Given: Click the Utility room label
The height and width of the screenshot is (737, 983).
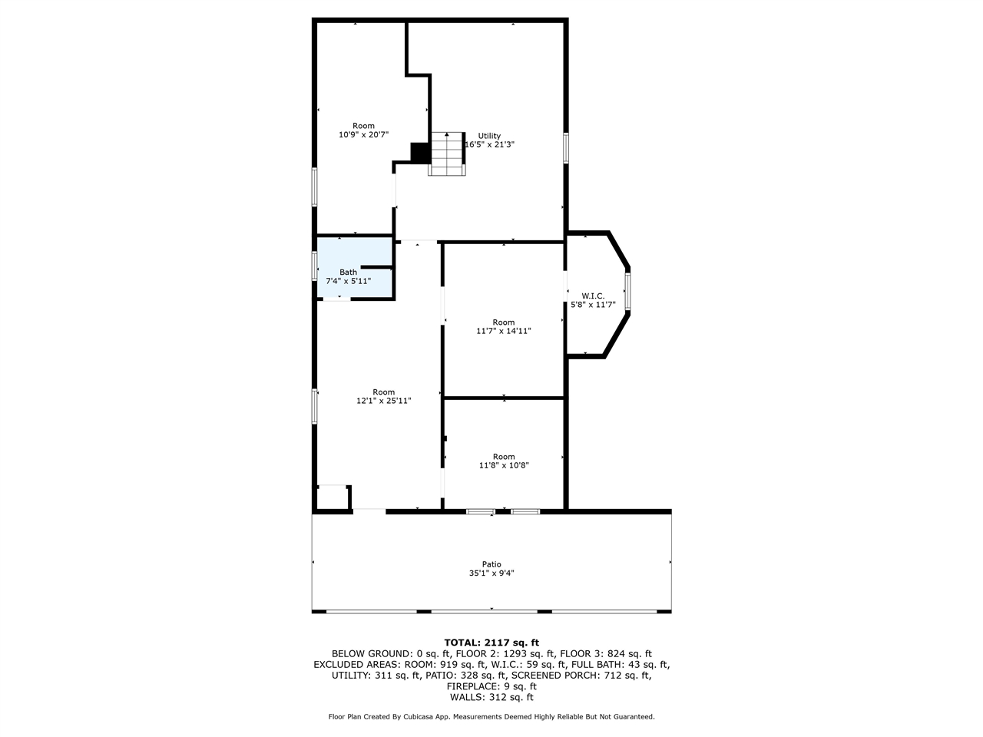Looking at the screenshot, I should click(x=489, y=136).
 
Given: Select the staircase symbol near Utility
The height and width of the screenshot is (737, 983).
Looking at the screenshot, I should click(x=447, y=154).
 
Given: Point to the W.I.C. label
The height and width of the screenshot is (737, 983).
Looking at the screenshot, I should click(x=592, y=296).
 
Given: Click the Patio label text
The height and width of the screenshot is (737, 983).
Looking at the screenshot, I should click(x=491, y=564).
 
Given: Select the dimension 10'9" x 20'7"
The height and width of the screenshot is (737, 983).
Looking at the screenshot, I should click(x=363, y=134).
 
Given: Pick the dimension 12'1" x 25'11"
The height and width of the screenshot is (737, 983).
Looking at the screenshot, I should click(x=383, y=400).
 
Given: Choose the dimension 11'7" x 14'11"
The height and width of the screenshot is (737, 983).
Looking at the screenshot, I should click(x=503, y=331).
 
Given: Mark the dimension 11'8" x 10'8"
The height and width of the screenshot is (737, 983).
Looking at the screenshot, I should click(x=503, y=465).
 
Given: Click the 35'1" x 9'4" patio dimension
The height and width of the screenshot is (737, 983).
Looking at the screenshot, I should click(x=491, y=573).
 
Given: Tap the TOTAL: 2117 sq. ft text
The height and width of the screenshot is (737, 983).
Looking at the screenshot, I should click(x=491, y=642).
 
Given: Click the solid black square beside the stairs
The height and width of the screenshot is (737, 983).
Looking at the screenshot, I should click(x=420, y=153).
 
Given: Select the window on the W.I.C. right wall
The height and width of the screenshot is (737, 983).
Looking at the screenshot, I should click(x=627, y=291).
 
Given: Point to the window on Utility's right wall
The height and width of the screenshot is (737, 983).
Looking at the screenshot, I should click(x=566, y=147).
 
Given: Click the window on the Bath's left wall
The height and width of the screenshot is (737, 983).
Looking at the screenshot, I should click(x=314, y=266).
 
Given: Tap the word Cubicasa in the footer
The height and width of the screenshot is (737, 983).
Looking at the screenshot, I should click(x=434, y=716).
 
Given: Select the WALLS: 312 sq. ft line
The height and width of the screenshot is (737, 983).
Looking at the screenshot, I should click(x=491, y=697).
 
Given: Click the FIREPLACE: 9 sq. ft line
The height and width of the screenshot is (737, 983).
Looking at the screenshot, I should click(x=491, y=686).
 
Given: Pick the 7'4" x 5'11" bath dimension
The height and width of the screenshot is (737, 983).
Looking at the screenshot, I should click(x=349, y=281).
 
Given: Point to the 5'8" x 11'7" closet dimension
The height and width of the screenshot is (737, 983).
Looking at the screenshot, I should click(x=592, y=305).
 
